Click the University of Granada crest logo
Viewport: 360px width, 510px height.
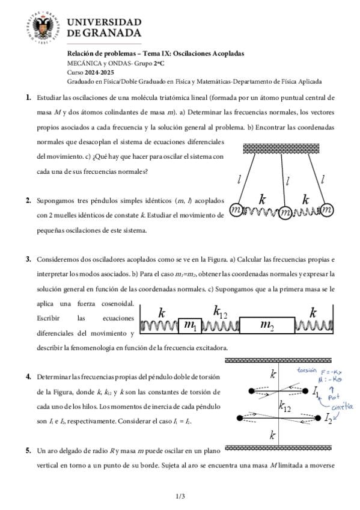43,28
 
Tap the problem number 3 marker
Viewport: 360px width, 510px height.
29,259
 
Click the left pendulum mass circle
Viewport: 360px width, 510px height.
236,210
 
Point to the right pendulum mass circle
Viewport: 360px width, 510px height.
327,210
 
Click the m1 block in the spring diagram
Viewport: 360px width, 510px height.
190,325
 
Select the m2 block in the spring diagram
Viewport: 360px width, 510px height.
267,325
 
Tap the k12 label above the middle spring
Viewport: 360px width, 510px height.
220,312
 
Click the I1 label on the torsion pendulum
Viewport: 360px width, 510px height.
316,393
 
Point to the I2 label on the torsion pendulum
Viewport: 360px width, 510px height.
328,417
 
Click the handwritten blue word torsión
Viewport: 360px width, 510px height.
307,370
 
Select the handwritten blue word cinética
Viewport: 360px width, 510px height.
342,407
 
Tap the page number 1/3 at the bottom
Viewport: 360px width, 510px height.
180,496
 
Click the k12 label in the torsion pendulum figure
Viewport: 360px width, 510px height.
285,407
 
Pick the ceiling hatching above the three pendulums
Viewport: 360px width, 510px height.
281,149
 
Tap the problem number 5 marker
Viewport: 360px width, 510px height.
29,450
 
